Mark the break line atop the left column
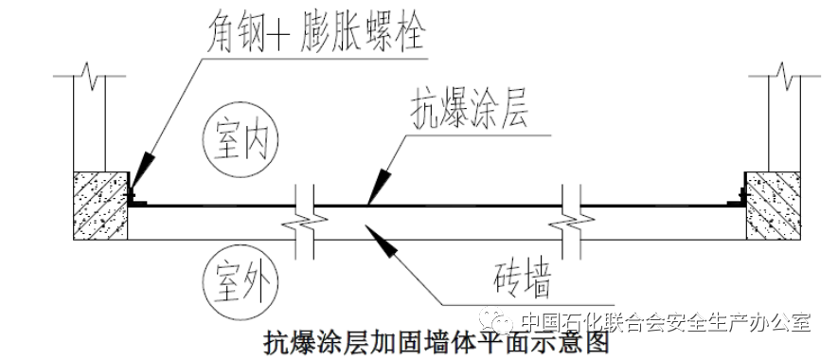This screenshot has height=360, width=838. pyautogui.click(x=87, y=71)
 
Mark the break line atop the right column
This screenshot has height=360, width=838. pyautogui.click(x=783, y=71)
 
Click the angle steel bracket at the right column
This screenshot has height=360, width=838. pyautogui.click(x=738, y=199)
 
